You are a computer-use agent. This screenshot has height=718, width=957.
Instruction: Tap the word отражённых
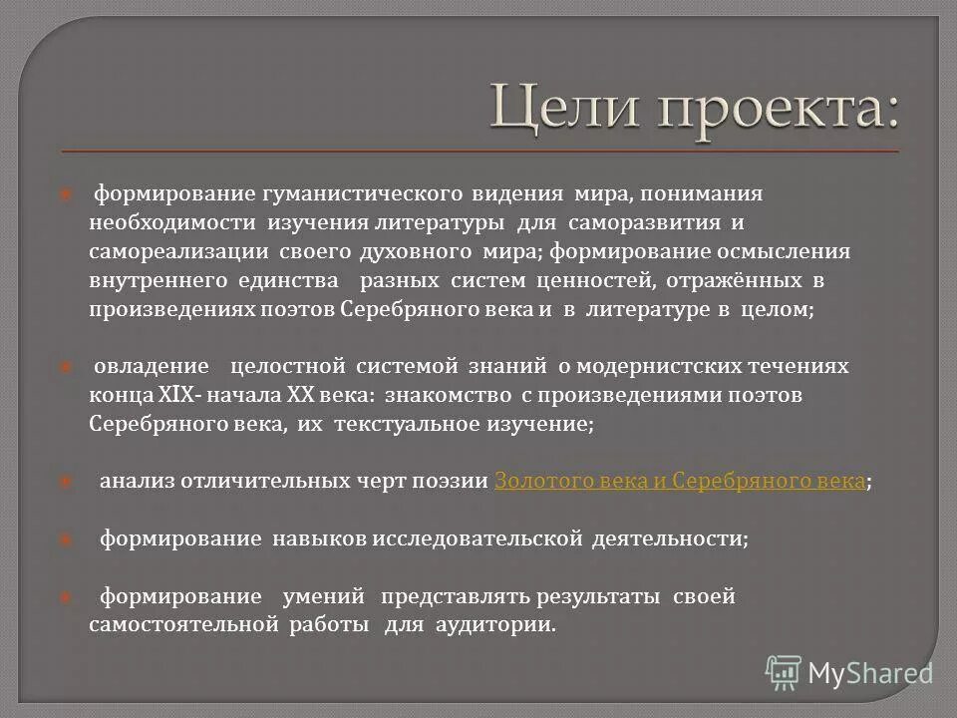click(740, 280)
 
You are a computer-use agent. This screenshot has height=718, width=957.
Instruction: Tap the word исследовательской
click(477, 539)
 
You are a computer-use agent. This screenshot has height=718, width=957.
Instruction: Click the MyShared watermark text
click(869, 674)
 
